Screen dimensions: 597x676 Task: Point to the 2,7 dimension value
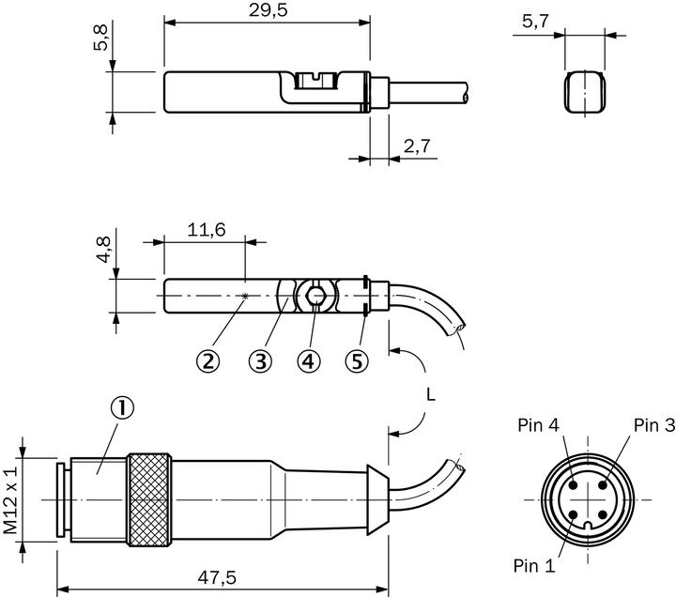[417, 145]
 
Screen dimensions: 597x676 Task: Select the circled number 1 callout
[123, 406]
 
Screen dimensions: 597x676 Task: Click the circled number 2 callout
[208, 360]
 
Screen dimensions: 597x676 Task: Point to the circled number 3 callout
[261, 360]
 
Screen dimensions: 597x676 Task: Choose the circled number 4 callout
[309, 360]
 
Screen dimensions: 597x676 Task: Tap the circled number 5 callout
[356, 360]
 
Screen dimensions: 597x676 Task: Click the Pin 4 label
[537, 425]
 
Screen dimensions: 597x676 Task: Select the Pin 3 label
[653, 425]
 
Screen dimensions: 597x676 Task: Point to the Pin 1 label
[534, 566]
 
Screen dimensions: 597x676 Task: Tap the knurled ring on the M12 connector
[150, 497]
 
